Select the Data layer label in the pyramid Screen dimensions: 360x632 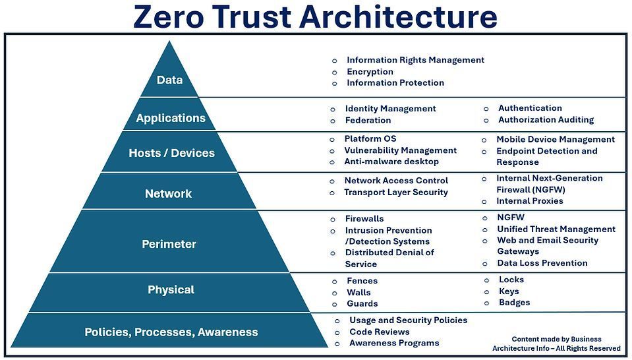(169, 80)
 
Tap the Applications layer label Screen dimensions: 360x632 (171, 118)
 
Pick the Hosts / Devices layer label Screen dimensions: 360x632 (171, 153)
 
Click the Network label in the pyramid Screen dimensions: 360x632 (168, 194)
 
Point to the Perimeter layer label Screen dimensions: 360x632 (169, 244)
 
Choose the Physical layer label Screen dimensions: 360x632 (171, 289)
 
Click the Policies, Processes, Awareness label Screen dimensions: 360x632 (171, 332)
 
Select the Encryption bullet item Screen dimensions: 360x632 (370, 72)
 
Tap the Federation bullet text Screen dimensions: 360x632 (368, 120)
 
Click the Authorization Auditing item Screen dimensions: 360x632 (546, 120)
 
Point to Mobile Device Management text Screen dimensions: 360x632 (555, 140)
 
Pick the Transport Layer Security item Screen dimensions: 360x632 (395, 193)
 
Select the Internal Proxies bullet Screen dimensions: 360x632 (529, 201)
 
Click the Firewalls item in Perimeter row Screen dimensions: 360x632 (364, 219)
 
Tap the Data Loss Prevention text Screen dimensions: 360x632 (542, 263)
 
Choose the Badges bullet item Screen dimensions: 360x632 (514, 303)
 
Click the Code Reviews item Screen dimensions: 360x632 (379, 332)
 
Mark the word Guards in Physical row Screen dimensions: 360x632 (362, 304)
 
